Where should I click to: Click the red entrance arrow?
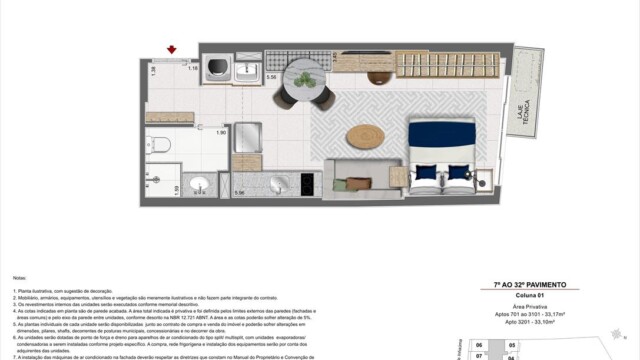pyautogui.click(x=173, y=49)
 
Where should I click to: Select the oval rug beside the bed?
pyautogui.click(x=365, y=137)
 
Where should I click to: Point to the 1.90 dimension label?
pyautogui.click(x=222, y=132)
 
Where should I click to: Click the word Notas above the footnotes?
pyautogui.click(x=19, y=277)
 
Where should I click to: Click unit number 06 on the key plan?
pyautogui.click(x=479, y=345)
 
